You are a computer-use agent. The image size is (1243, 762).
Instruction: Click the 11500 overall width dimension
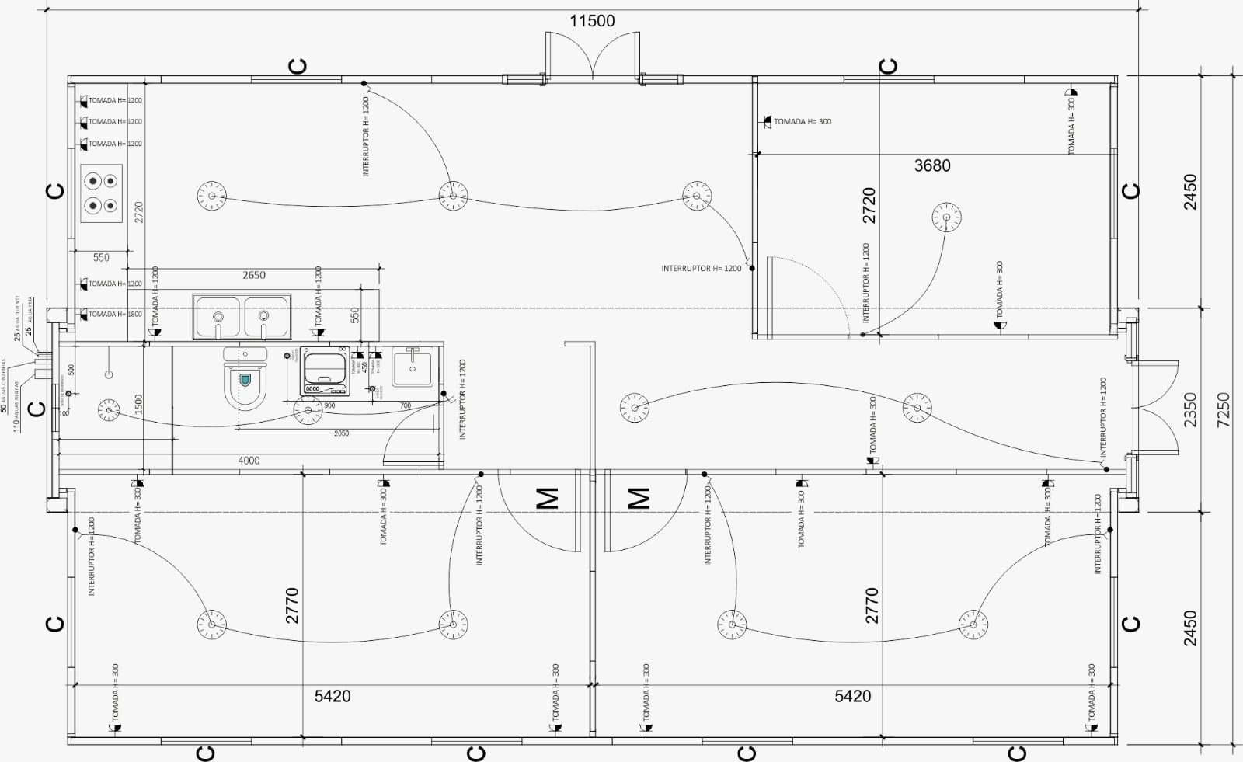592,21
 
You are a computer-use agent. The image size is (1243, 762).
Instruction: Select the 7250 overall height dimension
1224,409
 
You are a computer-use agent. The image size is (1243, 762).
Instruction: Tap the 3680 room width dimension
931,165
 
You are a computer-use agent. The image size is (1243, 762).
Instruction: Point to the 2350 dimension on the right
1190,409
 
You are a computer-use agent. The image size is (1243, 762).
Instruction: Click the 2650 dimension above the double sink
253,275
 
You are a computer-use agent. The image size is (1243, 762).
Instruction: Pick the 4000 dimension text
249,461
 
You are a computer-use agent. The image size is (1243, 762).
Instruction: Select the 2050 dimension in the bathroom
341,433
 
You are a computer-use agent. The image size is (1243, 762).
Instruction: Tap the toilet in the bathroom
245,381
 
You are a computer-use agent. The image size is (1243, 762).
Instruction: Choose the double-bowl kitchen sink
241,316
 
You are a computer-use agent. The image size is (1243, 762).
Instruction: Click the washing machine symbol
326,371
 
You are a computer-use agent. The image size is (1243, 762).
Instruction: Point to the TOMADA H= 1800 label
114,315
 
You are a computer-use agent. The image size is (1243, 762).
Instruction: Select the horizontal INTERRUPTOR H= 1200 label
702,269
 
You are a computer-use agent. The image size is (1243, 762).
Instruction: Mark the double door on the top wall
592,56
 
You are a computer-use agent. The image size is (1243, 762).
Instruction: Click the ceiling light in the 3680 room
946,217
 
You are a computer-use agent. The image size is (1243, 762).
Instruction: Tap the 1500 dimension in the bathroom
138,403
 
